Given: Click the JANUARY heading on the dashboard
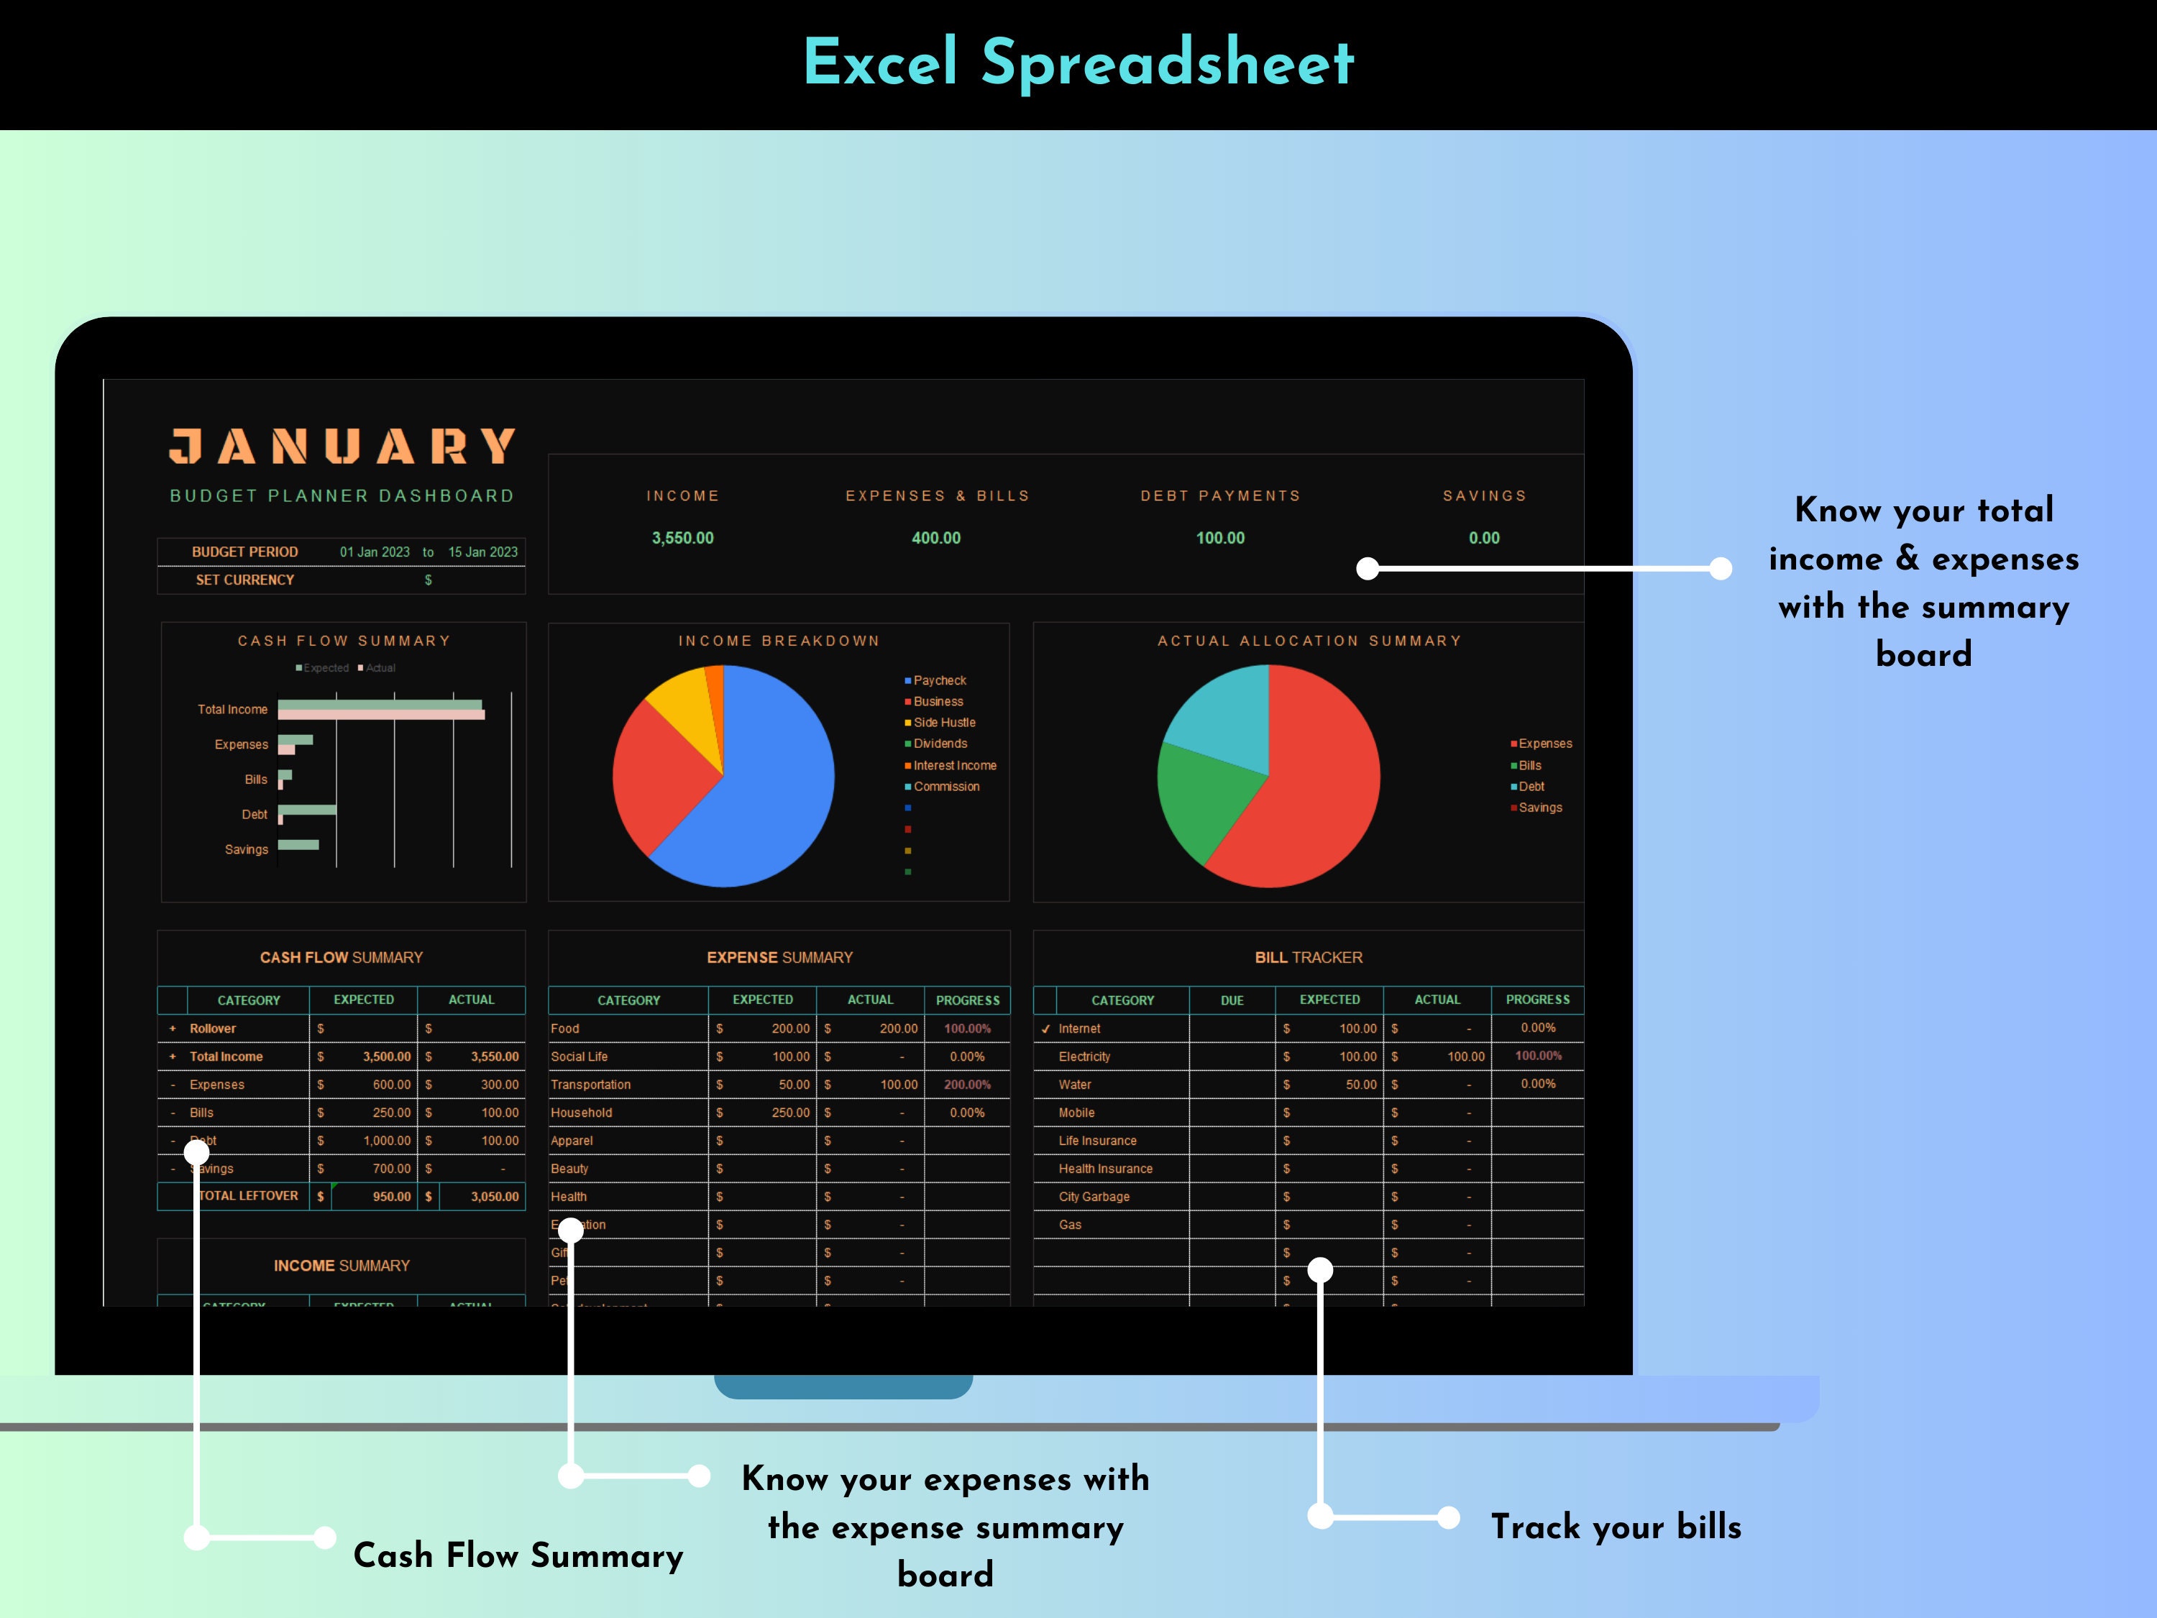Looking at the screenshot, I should point(342,447).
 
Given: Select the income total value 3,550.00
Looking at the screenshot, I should point(682,539).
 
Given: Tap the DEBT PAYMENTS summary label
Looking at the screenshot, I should point(1220,495).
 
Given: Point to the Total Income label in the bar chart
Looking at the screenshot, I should point(232,709).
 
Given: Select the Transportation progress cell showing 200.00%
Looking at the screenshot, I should point(966,1084).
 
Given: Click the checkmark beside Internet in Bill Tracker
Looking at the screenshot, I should point(1045,1029).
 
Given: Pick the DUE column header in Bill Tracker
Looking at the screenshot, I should point(1232,1001).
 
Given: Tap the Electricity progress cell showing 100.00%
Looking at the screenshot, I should point(1538,1056).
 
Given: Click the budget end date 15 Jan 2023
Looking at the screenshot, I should point(482,552).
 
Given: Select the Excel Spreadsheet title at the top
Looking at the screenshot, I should point(1078,63).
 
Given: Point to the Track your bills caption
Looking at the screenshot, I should point(1616,1527).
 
